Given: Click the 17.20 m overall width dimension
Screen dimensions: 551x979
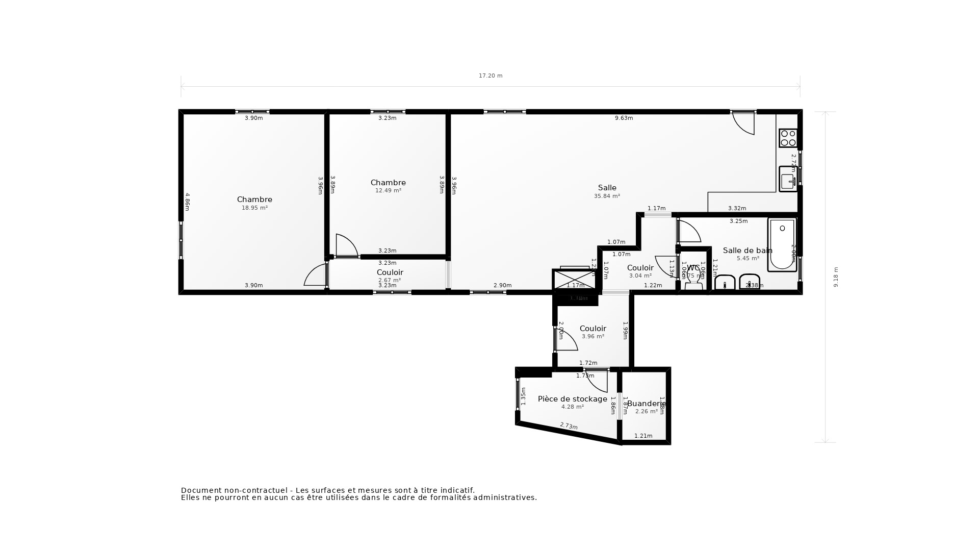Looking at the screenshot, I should pyautogui.click(x=490, y=76).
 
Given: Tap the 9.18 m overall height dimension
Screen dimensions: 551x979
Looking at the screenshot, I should pyautogui.click(x=836, y=277).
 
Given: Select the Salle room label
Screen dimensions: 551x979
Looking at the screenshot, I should pyautogui.click(x=607, y=188).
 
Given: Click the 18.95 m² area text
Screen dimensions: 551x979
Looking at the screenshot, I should pyautogui.click(x=254, y=208).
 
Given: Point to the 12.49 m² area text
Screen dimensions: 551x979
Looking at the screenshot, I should pyautogui.click(x=388, y=191).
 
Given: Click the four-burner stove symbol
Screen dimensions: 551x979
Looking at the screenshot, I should pyautogui.click(x=788, y=138).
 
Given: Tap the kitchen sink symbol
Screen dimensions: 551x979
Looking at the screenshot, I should pyautogui.click(x=788, y=179).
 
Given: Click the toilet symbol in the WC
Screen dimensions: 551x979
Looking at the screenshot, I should pyautogui.click(x=693, y=278).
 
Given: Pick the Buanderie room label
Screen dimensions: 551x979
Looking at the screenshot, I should pyautogui.click(x=646, y=404).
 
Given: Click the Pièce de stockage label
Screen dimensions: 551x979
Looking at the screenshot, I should pyautogui.click(x=572, y=399).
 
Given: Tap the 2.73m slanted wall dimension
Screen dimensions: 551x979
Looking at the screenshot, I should pyautogui.click(x=569, y=426).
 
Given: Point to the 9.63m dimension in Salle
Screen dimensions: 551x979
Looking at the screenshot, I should pyautogui.click(x=624, y=118).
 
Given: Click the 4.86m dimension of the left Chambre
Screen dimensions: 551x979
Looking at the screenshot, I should pyautogui.click(x=187, y=202).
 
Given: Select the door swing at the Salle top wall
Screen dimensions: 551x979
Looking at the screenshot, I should pyautogui.click(x=743, y=123).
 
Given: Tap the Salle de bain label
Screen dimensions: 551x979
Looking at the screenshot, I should pyautogui.click(x=747, y=251).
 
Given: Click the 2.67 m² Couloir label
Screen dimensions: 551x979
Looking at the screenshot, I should pyautogui.click(x=390, y=272).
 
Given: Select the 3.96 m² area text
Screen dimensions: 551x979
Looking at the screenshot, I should pyautogui.click(x=592, y=337).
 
